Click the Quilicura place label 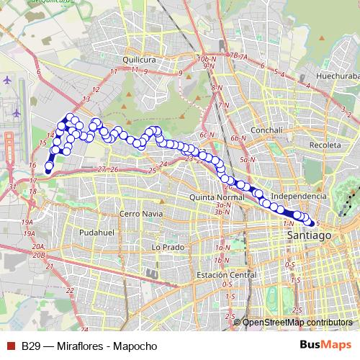[x=140, y=60]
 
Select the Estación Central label [x=228, y=275]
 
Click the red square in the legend [x=9, y=346]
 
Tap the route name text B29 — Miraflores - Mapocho [x=89, y=346]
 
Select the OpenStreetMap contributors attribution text [x=297, y=323]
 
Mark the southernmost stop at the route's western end [x=49, y=170]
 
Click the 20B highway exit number [x=39, y=254]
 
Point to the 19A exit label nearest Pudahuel [x=29, y=234]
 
